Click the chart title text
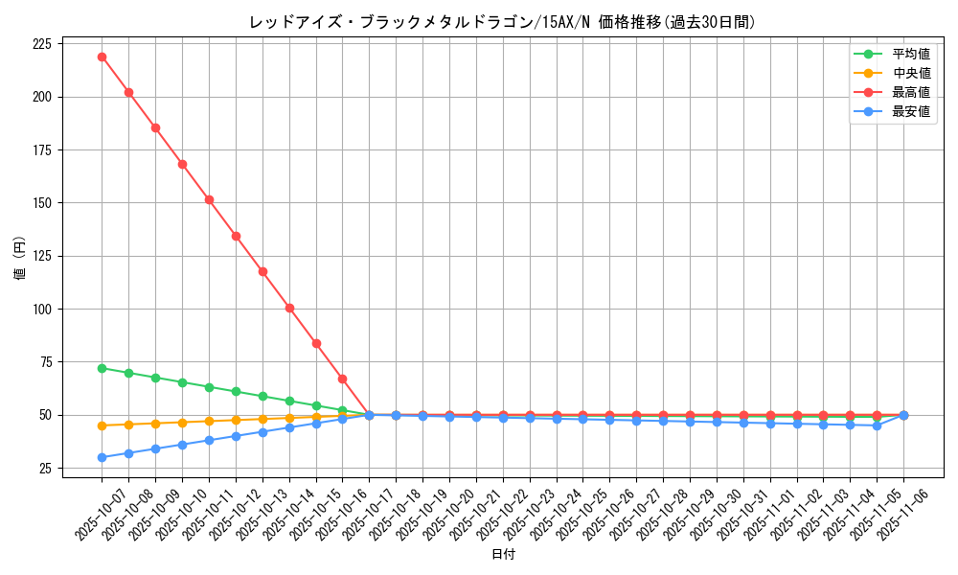(502, 22)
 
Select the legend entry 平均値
(911, 54)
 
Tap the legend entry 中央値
(911, 73)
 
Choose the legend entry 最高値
(911, 92)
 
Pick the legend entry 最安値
(911, 111)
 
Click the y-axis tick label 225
(41, 44)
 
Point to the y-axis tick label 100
(41, 310)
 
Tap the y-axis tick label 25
(45, 469)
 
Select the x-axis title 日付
(503, 555)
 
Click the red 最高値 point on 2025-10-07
(102, 57)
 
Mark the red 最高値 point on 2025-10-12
(236, 236)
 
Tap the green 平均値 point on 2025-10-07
(102, 368)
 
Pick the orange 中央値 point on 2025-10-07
(102, 425)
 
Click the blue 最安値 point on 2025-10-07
(102, 457)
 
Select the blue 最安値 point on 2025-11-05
(877, 425)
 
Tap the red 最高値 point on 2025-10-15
(316, 343)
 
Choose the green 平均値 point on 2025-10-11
(209, 387)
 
